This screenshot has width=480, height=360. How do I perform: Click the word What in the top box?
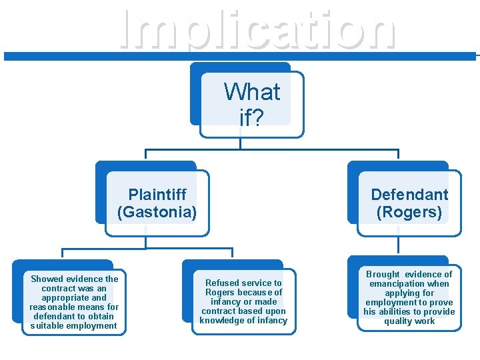point(252,91)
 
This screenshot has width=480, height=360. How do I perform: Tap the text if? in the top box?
point(252,117)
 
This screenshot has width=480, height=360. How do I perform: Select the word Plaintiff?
point(157,195)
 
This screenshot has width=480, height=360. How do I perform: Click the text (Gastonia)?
point(157,213)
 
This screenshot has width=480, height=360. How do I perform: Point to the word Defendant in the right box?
point(409,195)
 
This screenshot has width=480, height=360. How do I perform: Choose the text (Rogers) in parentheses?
point(409,213)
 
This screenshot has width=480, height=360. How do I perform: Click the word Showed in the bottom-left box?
point(47,279)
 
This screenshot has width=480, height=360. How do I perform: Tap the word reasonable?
point(55,307)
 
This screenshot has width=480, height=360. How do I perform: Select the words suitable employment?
point(74,326)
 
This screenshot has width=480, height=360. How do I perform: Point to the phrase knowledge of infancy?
point(243,321)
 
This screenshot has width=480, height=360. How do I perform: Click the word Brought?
point(383,275)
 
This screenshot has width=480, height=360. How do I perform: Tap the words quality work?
point(409,321)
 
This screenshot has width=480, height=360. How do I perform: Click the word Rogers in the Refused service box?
point(219,293)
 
